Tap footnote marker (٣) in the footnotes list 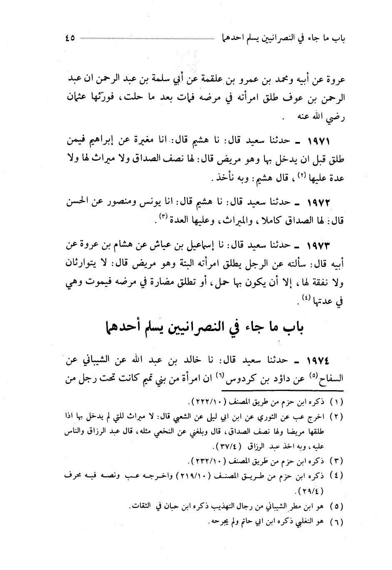(336, 461)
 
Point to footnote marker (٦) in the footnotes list (336, 521)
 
